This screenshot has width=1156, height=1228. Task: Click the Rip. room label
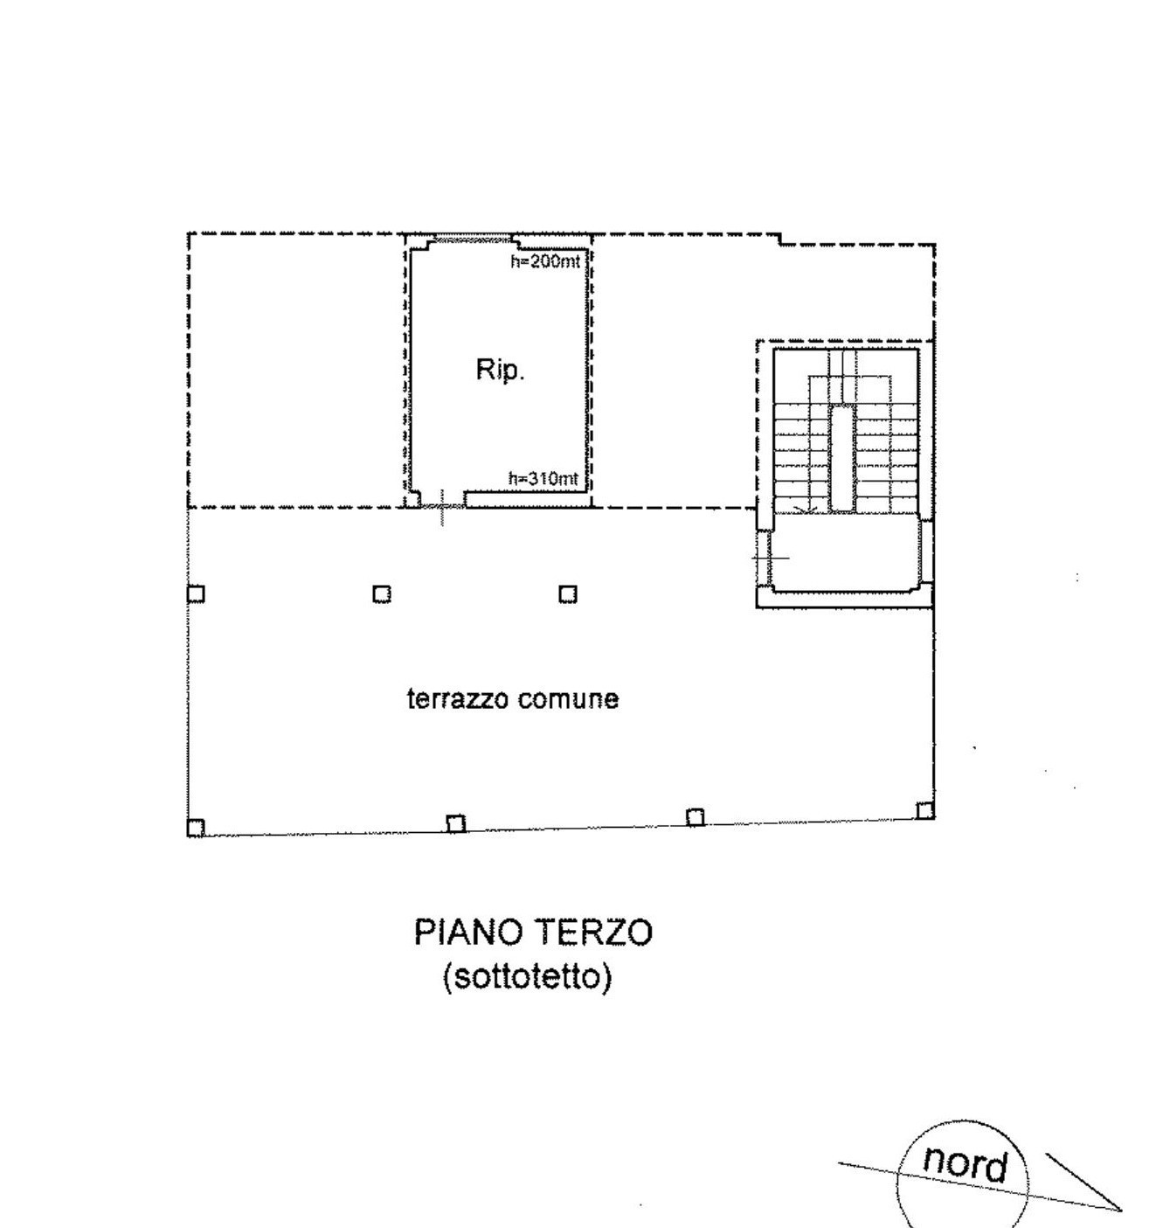pos(500,370)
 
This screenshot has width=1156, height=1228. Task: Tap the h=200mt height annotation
pos(543,261)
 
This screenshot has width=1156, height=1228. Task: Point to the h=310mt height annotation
pos(543,478)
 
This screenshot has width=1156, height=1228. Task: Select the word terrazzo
pos(459,699)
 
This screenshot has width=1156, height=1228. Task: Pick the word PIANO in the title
pos(467,933)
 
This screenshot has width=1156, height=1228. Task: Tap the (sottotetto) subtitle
pos(527,975)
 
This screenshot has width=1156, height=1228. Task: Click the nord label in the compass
pos(965,1163)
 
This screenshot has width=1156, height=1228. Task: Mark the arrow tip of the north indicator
pos(1119,1210)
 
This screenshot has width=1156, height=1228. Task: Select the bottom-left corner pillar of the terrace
pos(196,828)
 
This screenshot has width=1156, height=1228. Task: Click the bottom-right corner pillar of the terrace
pos(925,810)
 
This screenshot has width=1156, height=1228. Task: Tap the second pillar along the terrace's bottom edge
pos(455,823)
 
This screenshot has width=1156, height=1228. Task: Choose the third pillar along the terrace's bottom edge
pos(696,817)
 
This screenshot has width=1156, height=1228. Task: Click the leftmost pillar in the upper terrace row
pos(196,594)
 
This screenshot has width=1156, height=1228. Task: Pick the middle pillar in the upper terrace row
pos(382,594)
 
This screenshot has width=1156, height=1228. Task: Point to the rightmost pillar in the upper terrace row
pos(568,594)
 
